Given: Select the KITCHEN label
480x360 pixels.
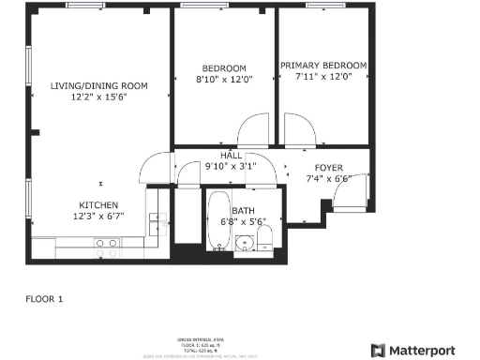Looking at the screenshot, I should tap(97, 204).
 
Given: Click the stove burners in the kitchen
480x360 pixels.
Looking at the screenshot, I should tap(106, 247).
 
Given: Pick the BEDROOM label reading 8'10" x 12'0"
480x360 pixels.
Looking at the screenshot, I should tap(224, 67).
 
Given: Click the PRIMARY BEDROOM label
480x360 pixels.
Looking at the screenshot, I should tap(323, 66).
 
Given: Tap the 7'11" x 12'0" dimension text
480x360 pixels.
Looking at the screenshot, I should tap(323, 78).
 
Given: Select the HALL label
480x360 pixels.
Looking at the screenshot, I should tap(231, 156).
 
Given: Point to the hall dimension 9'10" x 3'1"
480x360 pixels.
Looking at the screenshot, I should tap(231, 167).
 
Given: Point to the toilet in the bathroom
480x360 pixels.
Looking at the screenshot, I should tap(265, 234).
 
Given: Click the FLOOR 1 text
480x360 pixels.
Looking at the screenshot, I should tap(43, 299).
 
